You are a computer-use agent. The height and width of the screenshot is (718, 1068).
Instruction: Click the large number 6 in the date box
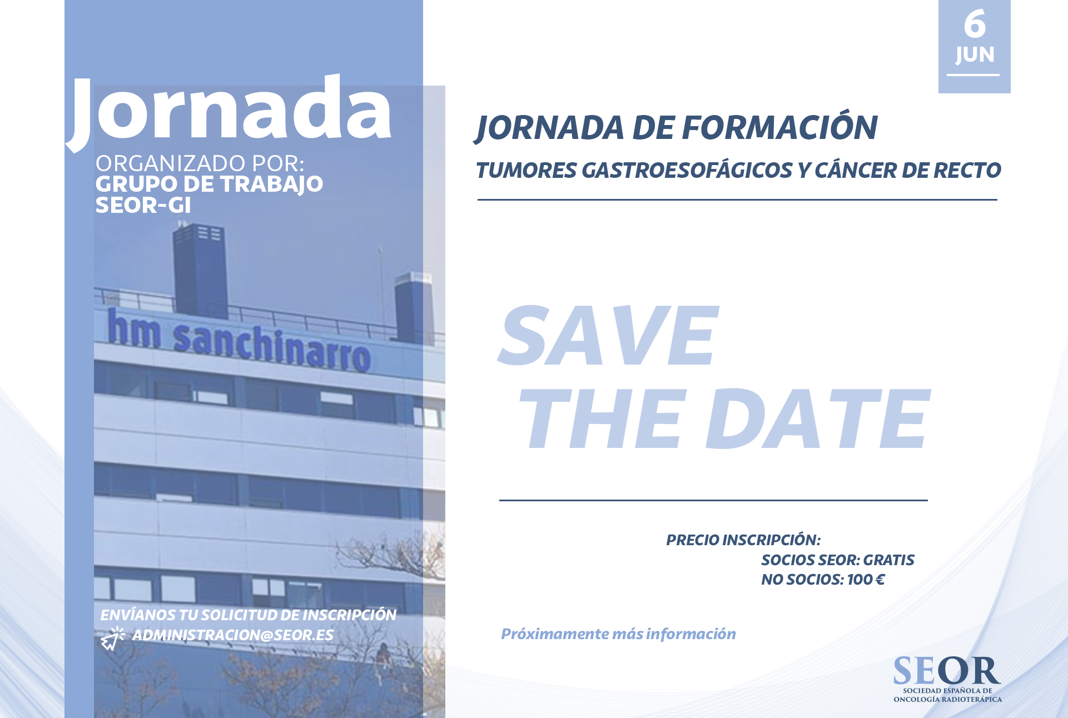pyautogui.click(x=975, y=24)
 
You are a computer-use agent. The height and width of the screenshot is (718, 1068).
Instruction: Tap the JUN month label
pyautogui.click(x=975, y=55)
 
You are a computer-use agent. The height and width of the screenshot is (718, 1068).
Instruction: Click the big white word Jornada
pyautogui.click(x=229, y=111)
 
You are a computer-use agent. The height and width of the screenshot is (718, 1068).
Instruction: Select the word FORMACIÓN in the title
pyautogui.click(x=779, y=127)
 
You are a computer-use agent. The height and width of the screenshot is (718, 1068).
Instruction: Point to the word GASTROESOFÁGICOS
pyautogui.click(x=687, y=170)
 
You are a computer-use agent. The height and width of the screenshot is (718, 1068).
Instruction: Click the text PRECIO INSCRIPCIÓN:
pyautogui.click(x=743, y=540)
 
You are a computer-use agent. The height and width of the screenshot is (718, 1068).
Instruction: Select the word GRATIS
pyautogui.click(x=889, y=560)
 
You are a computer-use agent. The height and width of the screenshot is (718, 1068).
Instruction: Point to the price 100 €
pyautogui.click(x=866, y=580)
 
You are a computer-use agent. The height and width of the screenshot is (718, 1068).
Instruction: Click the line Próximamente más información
pyautogui.click(x=618, y=634)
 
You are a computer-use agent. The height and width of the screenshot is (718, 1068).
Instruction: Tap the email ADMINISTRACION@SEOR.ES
pyautogui.click(x=232, y=635)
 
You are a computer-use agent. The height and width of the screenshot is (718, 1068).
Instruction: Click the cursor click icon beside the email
pyautogui.click(x=112, y=639)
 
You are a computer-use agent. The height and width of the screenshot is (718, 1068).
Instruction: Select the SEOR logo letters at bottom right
pyautogui.click(x=947, y=671)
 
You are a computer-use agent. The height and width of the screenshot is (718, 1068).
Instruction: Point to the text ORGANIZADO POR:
pyautogui.click(x=200, y=163)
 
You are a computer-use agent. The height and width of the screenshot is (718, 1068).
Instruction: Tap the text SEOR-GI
pyautogui.click(x=143, y=206)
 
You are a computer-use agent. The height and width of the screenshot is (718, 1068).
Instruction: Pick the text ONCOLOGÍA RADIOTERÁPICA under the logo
pyautogui.click(x=948, y=700)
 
